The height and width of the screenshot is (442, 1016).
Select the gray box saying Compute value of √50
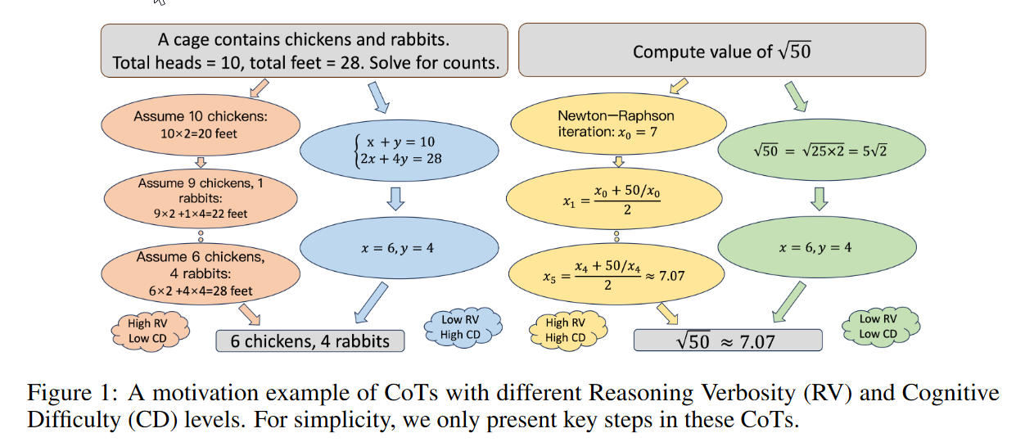(x=721, y=51)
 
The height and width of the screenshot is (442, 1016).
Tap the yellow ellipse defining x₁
(x=617, y=198)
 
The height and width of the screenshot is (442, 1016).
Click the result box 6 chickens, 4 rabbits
(x=310, y=341)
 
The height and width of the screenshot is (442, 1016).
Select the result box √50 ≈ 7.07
(x=728, y=341)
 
